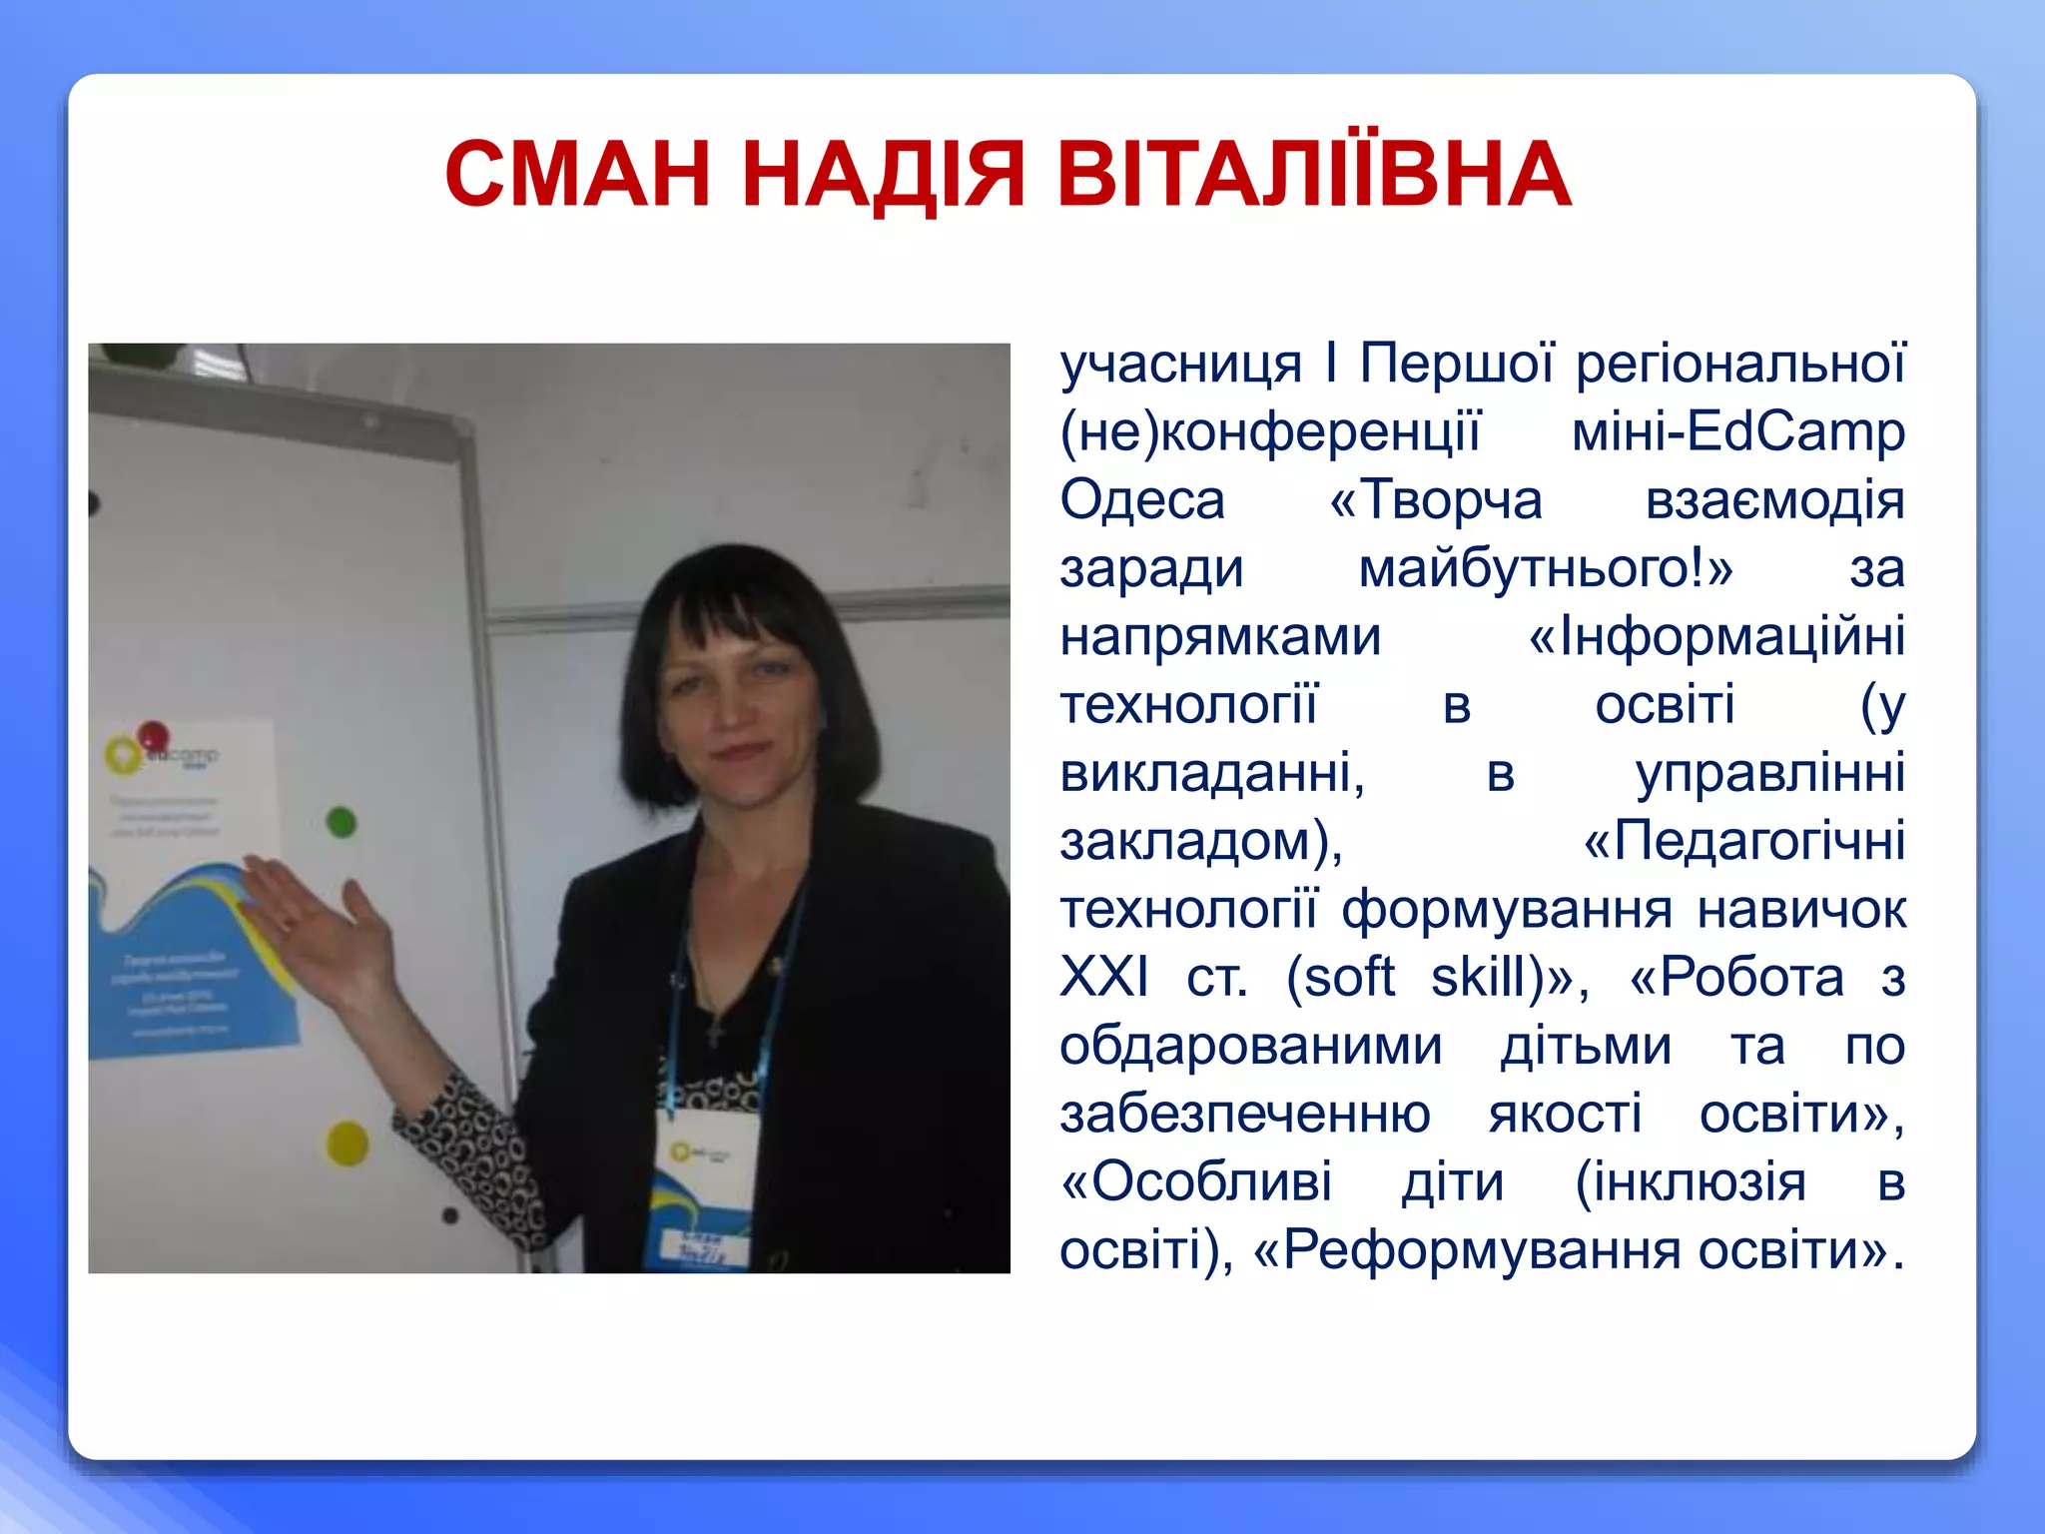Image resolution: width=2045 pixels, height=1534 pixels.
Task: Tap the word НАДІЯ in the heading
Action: (884, 175)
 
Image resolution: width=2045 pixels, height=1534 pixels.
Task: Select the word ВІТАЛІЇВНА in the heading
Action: (1314, 175)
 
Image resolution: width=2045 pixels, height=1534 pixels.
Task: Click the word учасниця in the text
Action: (1180, 365)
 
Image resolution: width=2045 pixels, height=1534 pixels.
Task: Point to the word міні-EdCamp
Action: (1737, 432)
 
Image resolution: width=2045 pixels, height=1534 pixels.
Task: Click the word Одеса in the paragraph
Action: (1141, 500)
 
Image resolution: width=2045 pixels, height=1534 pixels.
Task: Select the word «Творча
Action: (1436, 500)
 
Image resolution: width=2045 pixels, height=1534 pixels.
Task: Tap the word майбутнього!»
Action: (1545, 569)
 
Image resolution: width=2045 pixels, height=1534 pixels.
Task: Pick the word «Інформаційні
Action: (1716, 637)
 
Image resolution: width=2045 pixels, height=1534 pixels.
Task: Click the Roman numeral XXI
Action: (1103, 977)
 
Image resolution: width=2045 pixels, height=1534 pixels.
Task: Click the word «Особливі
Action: (1196, 1182)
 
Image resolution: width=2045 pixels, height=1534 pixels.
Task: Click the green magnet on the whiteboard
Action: (341, 822)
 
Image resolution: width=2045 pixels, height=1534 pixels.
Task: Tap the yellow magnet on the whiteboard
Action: (347, 1143)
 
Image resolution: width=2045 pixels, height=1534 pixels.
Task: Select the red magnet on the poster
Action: (153, 737)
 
